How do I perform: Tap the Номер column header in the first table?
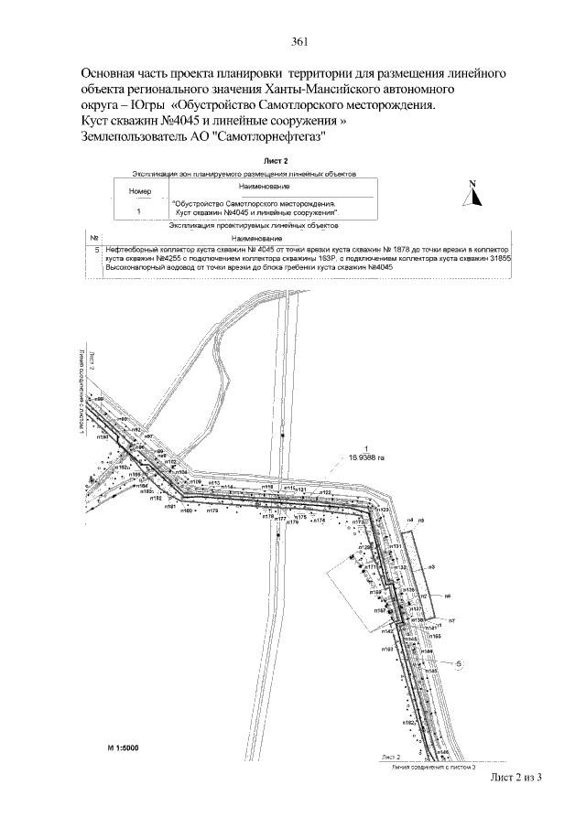139,192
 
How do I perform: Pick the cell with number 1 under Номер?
138,210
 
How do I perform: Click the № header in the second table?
93,237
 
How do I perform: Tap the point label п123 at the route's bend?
384,510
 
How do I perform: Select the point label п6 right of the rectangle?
449,596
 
